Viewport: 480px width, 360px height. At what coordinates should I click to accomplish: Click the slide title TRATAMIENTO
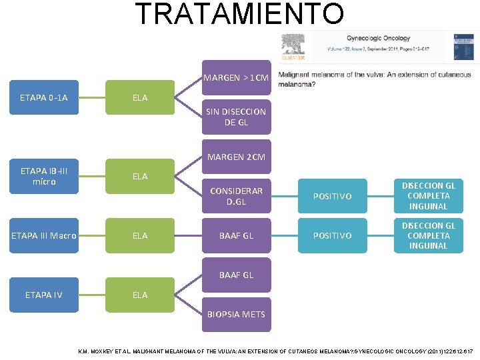click(240, 14)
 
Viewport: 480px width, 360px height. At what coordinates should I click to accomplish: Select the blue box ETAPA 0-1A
click(43, 98)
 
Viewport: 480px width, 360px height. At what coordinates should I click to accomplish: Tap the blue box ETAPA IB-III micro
click(43, 177)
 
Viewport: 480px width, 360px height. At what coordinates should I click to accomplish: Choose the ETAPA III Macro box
click(43, 235)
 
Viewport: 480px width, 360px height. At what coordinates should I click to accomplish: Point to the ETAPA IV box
click(43, 295)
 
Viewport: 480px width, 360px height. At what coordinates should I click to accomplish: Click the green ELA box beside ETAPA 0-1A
click(140, 98)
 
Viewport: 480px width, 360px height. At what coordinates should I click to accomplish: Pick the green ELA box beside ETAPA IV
click(140, 295)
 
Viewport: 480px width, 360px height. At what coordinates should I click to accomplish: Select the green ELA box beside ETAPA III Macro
click(140, 235)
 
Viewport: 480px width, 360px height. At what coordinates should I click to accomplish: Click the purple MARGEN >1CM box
click(237, 78)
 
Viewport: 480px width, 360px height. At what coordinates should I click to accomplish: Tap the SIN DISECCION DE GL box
click(236, 117)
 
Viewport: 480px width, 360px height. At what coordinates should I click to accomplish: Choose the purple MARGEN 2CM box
click(236, 157)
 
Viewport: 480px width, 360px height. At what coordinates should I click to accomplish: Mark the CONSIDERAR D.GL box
click(236, 196)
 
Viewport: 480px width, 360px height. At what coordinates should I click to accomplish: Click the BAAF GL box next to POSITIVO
click(236, 235)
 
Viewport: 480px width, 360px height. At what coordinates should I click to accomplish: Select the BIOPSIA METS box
click(236, 314)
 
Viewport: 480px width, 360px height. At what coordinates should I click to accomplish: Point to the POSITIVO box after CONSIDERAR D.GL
click(333, 196)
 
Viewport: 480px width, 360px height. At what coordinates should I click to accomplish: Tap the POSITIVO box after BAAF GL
click(333, 235)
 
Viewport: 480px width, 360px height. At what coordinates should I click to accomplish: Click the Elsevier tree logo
click(293, 46)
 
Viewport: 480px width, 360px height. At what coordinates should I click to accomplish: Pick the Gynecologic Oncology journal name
click(378, 39)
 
